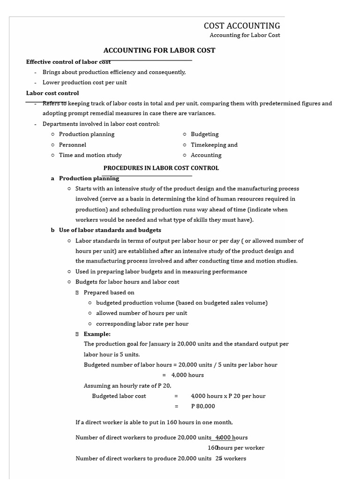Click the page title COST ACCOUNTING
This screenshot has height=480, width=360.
coord(242,26)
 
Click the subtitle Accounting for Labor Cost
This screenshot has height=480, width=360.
coord(245,36)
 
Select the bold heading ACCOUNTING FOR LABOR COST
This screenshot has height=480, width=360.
coord(159,51)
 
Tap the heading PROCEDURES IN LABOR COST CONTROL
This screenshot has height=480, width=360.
coord(161,168)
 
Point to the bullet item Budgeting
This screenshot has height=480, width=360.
coord(205,134)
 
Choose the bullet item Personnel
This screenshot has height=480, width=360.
coord(73,145)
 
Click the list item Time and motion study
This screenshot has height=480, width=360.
coord(90,155)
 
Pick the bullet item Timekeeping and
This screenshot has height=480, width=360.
coord(214,145)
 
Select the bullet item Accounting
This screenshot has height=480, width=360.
coord(206,155)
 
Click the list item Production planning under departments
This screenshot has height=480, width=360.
coord(87,134)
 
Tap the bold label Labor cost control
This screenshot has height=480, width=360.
coord(52,93)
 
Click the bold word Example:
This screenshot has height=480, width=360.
coord(97,334)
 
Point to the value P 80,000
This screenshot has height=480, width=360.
coord(203,406)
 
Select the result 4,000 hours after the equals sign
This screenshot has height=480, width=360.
coord(187,375)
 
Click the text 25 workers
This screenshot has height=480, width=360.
coord(231,458)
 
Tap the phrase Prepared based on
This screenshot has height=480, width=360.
coord(109,292)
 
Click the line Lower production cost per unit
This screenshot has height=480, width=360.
coord(85,82)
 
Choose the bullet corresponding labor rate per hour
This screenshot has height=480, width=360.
coord(142,324)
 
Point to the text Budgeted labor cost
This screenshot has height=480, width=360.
coord(119,396)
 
